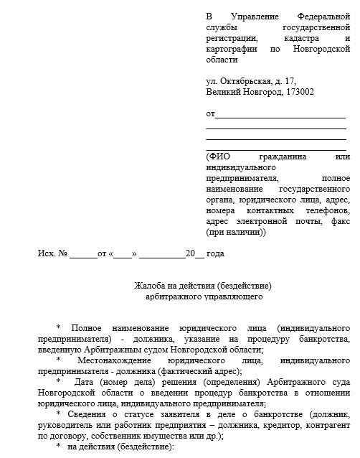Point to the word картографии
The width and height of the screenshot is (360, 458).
tap(229, 50)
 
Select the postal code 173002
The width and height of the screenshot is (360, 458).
tap(298, 92)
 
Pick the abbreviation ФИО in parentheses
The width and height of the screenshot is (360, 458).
tap(218, 156)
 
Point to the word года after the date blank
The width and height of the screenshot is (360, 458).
tap(216, 254)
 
